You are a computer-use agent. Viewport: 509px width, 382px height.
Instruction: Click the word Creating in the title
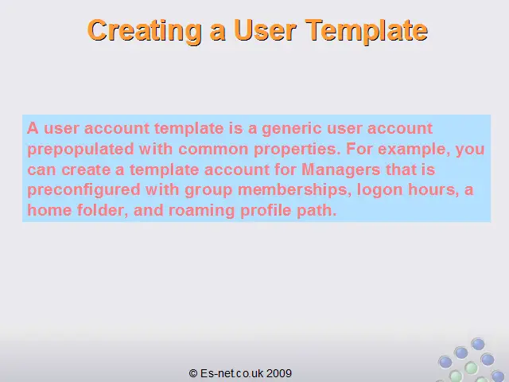click(145, 32)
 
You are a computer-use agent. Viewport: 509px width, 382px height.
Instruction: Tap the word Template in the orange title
click(367, 32)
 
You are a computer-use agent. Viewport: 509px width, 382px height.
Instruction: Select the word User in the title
click(265, 30)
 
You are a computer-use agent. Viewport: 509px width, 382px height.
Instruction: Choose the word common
click(213, 150)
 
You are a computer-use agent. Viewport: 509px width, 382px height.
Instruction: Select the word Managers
click(341, 170)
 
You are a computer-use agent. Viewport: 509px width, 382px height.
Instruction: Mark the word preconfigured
click(84, 191)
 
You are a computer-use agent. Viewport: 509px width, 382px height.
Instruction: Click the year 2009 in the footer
click(279, 373)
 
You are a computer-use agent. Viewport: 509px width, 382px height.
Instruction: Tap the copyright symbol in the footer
click(193, 373)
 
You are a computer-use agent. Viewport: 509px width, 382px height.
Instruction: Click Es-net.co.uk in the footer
click(231, 373)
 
